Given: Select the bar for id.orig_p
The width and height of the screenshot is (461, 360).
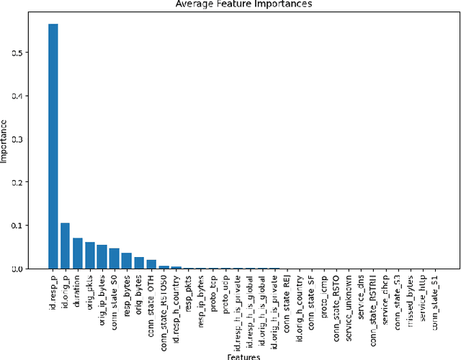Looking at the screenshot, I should pyautogui.click(x=65, y=246).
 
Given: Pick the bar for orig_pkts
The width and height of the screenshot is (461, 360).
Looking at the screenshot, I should pyautogui.click(x=89, y=256).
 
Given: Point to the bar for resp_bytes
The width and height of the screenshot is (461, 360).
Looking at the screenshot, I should pyautogui.click(x=127, y=261).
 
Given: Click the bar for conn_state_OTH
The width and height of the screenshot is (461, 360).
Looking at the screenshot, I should pyautogui.click(x=151, y=264).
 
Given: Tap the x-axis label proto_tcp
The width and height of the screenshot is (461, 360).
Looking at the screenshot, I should pyautogui.click(x=213, y=290).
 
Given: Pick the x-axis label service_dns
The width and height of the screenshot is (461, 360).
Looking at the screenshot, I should pyautogui.click(x=362, y=292).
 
